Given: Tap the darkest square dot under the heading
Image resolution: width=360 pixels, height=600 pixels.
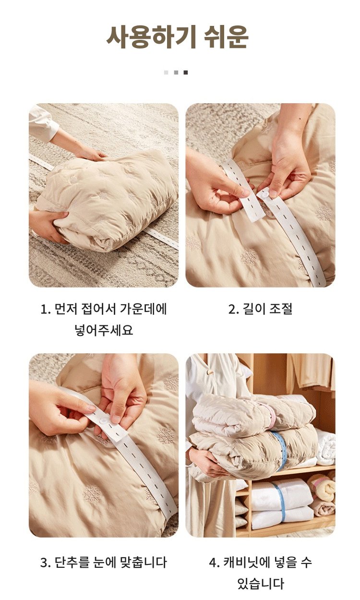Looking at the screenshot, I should pos(186,72).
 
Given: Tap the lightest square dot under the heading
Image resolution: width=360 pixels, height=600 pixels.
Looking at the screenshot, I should pos(166,72).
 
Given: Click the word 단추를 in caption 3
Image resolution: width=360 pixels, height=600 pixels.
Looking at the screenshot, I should pos(72,562).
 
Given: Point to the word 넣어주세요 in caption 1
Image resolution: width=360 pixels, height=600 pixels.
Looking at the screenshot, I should pos(104,331).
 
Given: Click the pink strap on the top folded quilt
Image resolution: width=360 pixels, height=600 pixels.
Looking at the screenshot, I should pos(271,414).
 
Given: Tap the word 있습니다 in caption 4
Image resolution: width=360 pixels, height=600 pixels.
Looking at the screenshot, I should pos(260,584).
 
